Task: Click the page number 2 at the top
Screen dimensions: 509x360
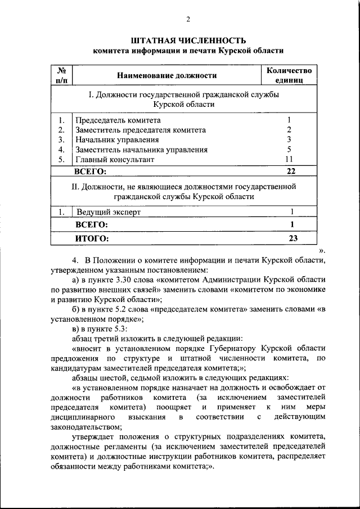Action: pos(188,20)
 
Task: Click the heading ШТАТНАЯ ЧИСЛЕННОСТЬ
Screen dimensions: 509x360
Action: pos(188,40)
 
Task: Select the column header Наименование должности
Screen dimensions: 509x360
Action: pos(167,75)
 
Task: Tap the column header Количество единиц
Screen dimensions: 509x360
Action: pos(289,75)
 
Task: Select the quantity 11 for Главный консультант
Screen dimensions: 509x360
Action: pos(289,159)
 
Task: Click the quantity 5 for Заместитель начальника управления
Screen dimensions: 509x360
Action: pos(289,150)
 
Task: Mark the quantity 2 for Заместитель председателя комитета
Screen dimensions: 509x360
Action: pos(289,130)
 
